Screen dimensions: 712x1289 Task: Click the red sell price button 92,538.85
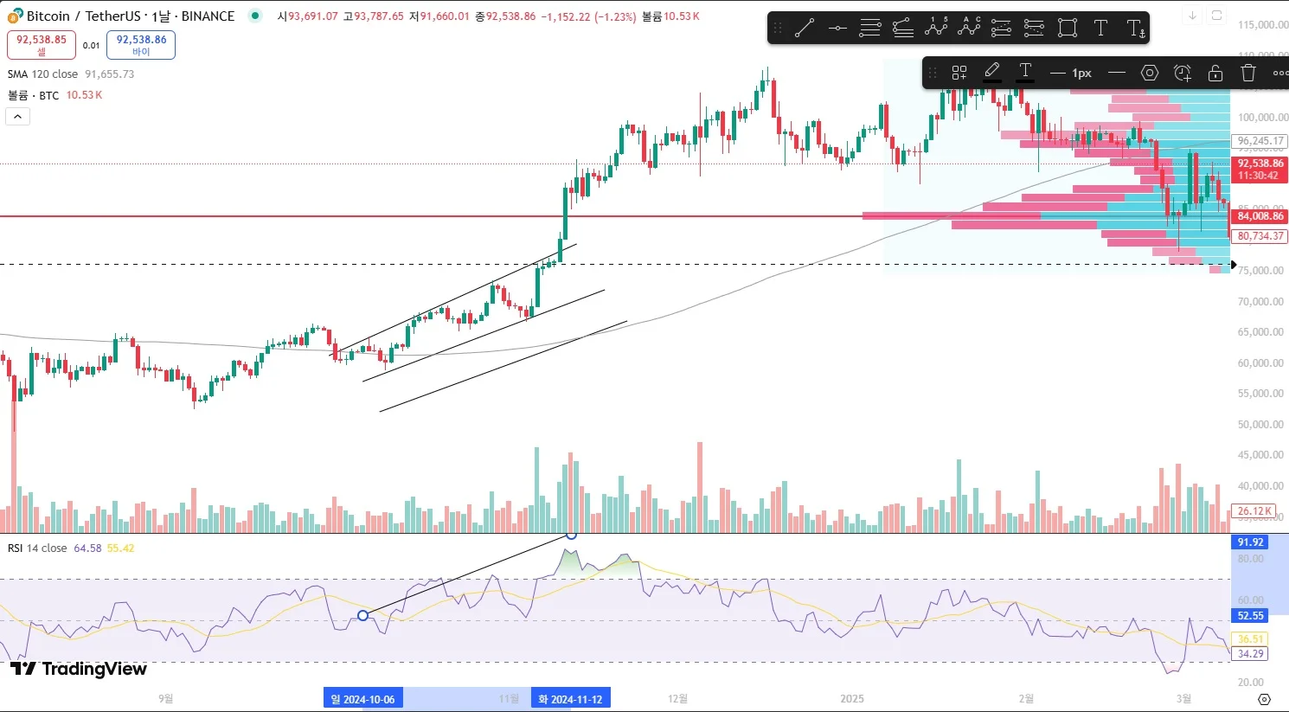(42, 44)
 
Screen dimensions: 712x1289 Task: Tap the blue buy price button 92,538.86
(141, 44)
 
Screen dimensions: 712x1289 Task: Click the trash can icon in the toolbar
(1247, 73)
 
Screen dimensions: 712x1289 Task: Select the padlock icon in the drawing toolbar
(1215, 73)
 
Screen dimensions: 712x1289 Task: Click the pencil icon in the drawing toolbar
(992, 71)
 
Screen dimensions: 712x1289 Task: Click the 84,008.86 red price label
(1260, 216)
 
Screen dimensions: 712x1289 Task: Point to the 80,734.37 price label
(1260, 236)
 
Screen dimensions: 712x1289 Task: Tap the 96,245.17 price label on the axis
(1260, 141)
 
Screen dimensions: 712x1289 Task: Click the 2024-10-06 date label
(362, 699)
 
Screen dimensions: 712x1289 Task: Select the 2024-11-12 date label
(570, 699)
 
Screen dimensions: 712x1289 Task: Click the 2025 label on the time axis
(852, 699)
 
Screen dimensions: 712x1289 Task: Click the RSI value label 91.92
(1250, 542)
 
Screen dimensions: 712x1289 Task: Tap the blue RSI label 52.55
(1250, 616)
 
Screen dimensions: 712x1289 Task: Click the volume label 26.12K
(1254, 511)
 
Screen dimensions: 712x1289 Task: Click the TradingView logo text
(80, 669)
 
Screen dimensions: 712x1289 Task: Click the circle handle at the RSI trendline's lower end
(363, 616)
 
